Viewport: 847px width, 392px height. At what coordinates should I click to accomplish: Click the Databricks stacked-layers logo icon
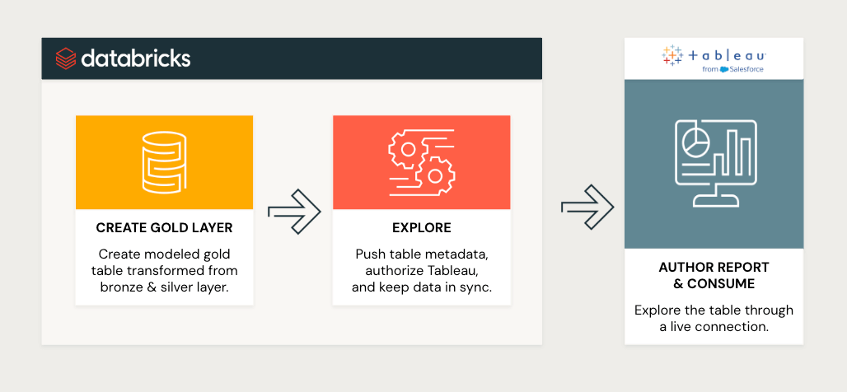pyautogui.click(x=66, y=58)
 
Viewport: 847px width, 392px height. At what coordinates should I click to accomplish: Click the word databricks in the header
pyautogui.click(x=136, y=58)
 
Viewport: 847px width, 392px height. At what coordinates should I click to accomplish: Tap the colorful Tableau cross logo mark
pyautogui.click(x=672, y=56)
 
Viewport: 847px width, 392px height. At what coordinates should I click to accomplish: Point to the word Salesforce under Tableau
pyautogui.click(x=746, y=69)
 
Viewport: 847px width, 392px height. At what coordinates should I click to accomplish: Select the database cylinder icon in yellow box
pyautogui.click(x=164, y=162)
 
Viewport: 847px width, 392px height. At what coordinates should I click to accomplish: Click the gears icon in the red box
pyautogui.click(x=421, y=162)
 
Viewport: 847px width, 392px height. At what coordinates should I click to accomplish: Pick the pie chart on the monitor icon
pyautogui.click(x=695, y=142)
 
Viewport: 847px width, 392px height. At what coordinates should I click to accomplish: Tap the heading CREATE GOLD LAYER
pyautogui.click(x=164, y=228)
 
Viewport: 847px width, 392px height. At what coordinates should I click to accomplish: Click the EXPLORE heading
pyautogui.click(x=421, y=228)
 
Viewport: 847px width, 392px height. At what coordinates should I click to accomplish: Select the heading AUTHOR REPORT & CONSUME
pyautogui.click(x=714, y=275)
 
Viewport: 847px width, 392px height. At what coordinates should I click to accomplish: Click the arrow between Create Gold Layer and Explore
pyautogui.click(x=294, y=212)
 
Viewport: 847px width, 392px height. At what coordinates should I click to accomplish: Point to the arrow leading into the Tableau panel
pyautogui.click(x=587, y=207)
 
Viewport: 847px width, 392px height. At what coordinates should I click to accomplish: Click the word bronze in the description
pyautogui.click(x=120, y=287)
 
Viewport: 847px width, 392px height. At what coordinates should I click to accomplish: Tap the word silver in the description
pyautogui.click(x=171, y=287)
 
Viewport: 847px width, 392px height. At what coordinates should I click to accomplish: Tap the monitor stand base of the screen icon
pyautogui.click(x=716, y=202)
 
